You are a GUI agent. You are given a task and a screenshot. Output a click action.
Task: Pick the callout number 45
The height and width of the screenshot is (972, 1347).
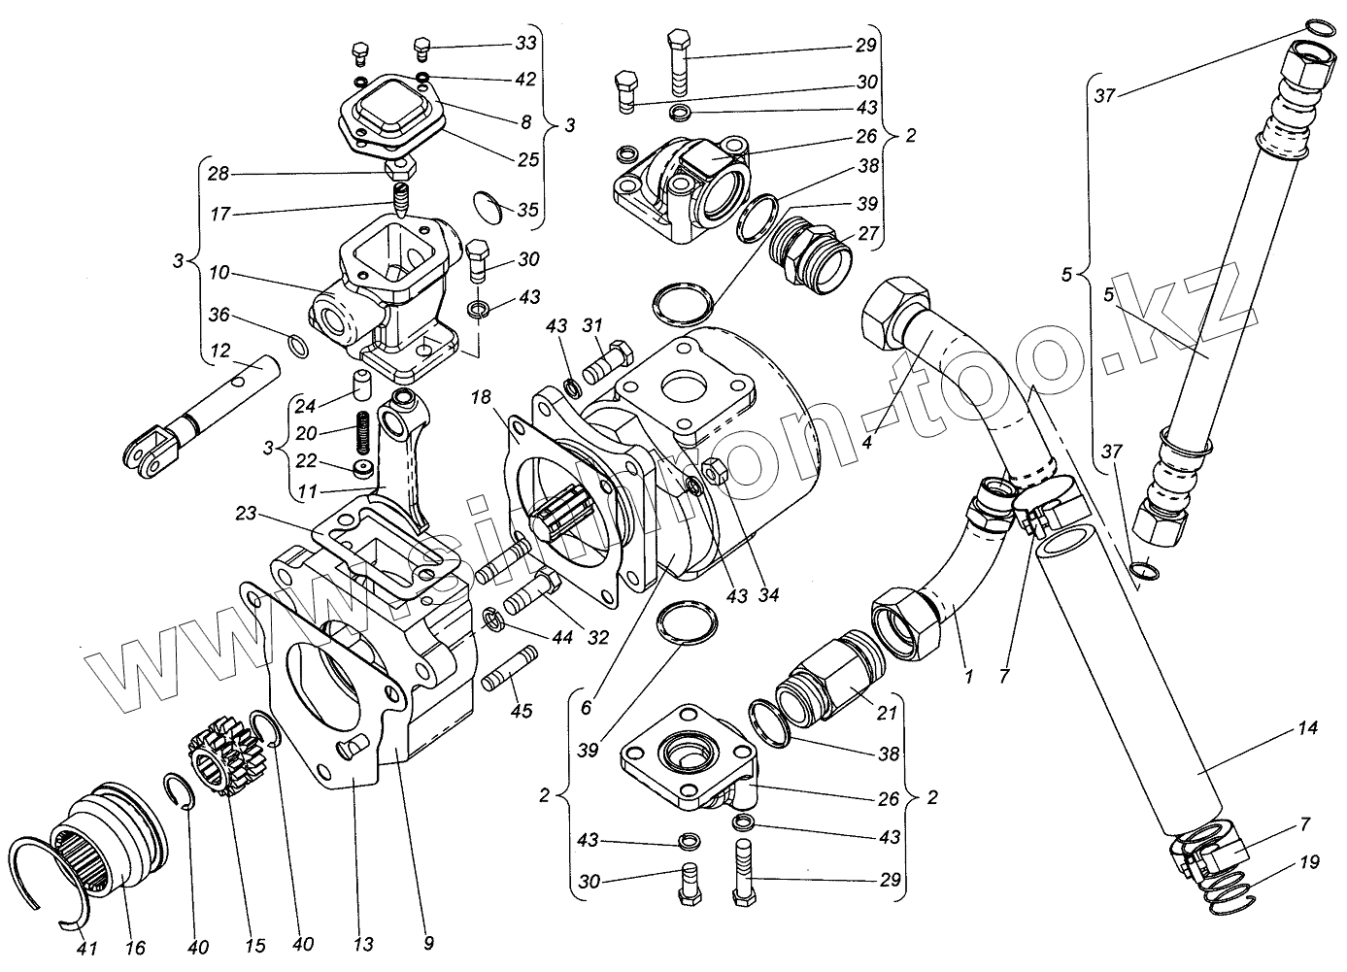[522, 712]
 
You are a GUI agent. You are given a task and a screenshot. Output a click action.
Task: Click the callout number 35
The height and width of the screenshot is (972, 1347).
[526, 209]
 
